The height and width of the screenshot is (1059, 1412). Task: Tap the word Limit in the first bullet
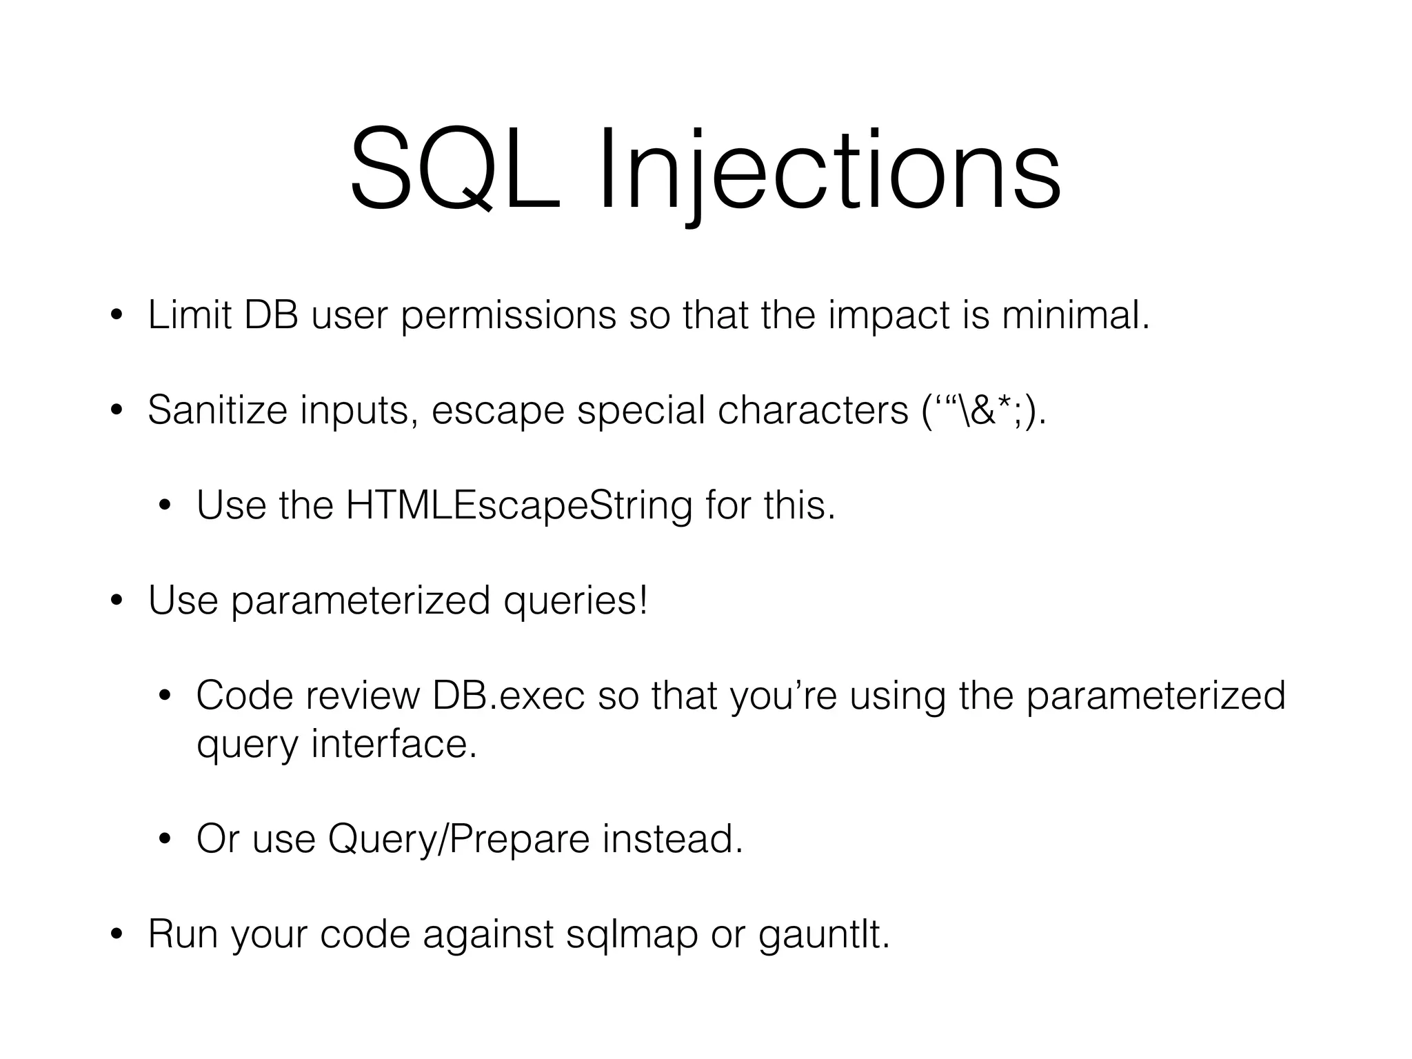coord(190,315)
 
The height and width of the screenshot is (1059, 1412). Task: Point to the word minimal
coord(1076,315)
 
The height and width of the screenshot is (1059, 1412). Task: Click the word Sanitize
coord(217,410)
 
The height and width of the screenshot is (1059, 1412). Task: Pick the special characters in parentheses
coord(983,411)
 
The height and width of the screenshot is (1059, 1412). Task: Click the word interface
coord(394,745)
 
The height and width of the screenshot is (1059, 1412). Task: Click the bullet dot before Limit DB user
coord(117,316)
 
